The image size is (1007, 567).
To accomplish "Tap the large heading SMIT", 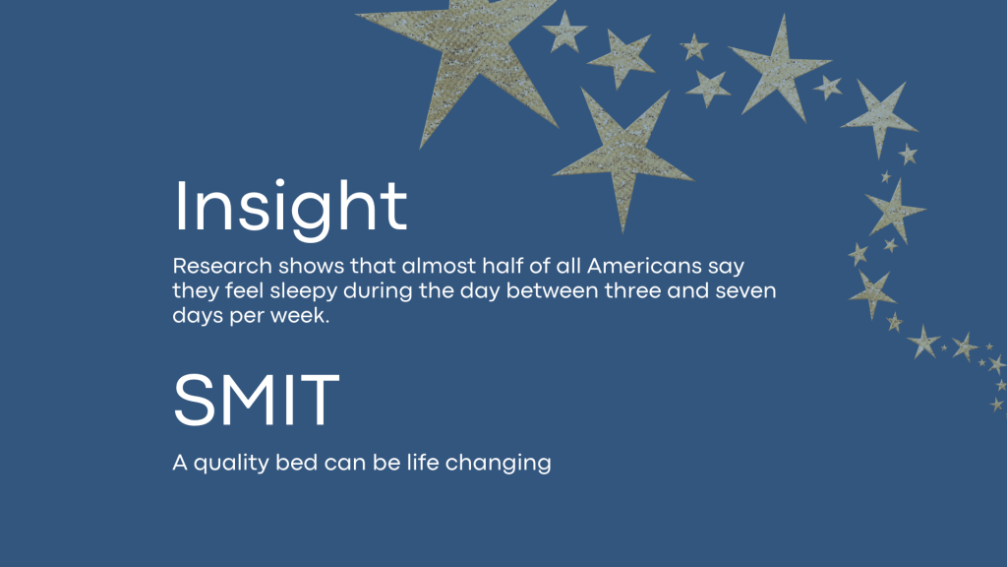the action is (x=257, y=400).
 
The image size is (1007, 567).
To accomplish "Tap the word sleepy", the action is (x=303, y=291).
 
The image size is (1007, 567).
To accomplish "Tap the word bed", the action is (x=297, y=463).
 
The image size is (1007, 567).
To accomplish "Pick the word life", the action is (x=423, y=463).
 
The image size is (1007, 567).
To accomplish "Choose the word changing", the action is (x=498, y=464).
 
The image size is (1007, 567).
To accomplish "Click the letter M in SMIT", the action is (x=250, y=400).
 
